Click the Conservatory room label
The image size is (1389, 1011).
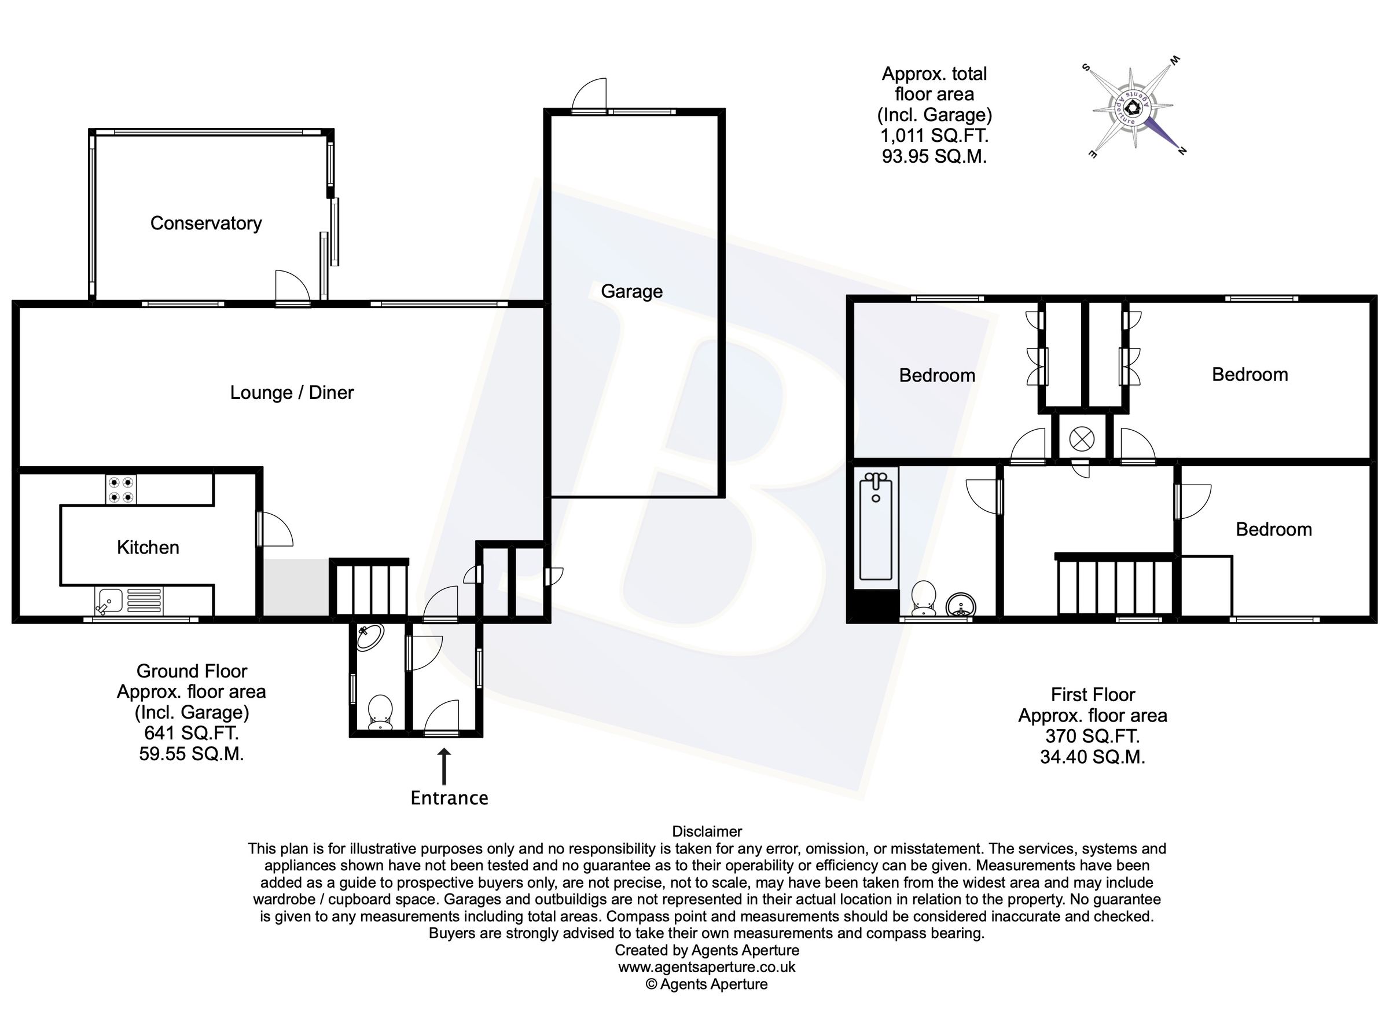pos(206,223)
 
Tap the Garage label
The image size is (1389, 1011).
pos(631,291)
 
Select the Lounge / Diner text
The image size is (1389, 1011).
pos(292,392)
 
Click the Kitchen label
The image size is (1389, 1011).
pos(148,547)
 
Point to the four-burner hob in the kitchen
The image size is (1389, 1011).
pos(120,489)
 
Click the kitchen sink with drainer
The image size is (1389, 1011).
pos(129,600)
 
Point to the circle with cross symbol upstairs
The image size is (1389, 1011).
pos(1082,438)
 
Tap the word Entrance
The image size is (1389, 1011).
pos(449,798)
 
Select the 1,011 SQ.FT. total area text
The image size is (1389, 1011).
pos(934,135)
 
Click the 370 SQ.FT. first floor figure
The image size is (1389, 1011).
pos(1092,736)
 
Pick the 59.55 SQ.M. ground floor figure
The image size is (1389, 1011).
pos(191,754)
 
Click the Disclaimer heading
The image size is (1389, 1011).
pos(707,831)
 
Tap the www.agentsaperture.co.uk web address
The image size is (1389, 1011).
pos(707,967)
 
